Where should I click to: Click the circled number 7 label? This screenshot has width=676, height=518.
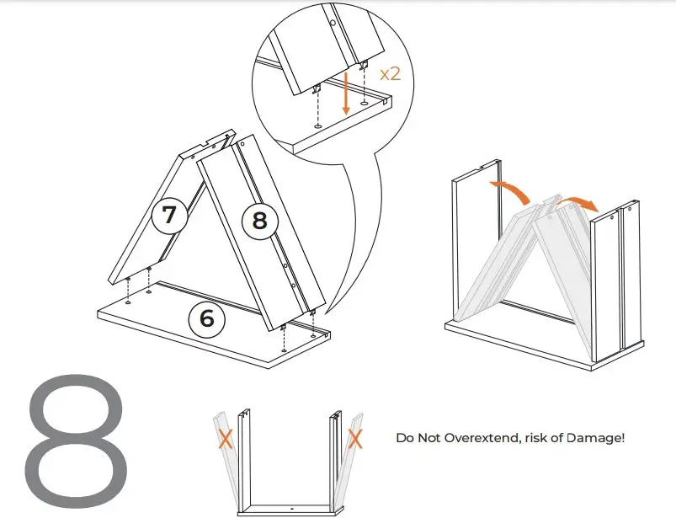point(169,215)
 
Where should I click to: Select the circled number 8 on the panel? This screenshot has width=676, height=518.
point(259,221)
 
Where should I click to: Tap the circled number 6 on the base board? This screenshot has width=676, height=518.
point(207,318)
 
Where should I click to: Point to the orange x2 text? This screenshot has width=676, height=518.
point(391,73)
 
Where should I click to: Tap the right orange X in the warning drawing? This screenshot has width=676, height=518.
point(356,438)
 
